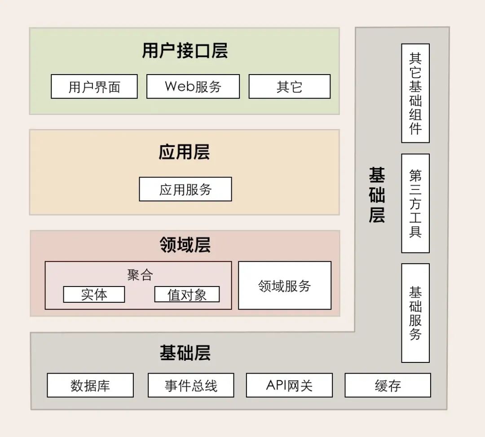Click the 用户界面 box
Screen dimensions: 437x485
coord(94,87)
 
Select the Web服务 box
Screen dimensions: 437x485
coord(193,87)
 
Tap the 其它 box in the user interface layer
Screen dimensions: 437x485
coord(290,87)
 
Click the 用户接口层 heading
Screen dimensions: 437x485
coord(185,51)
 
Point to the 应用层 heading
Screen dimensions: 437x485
coord(184,152)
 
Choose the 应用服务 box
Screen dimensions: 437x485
coord(185,189)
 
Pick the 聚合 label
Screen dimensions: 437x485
coord(140,274)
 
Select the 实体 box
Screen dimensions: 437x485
coord(94,295)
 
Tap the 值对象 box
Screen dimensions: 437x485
coord(187,295)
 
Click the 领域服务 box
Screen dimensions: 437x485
coord(285,286)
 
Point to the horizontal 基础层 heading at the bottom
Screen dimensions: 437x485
coord(185,353)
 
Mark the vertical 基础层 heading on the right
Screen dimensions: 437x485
coord(377,195)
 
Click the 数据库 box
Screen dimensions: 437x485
coord(90,385)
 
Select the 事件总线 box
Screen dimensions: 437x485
coord(191,385)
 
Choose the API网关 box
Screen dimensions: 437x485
coord(289,385)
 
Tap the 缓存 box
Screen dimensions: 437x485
coord(388,385)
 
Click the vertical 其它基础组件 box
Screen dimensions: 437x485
coord(415,93)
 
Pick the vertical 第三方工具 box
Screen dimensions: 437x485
coord(415,203)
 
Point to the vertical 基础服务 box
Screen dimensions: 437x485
coord(415,313)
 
